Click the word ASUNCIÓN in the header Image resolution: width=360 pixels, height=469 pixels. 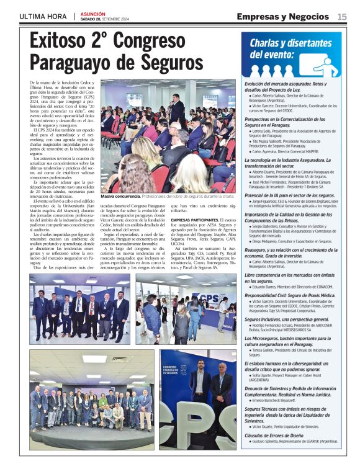tap(93, 13)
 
